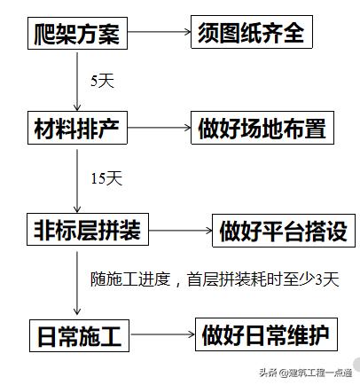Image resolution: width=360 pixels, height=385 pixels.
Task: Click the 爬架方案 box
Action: tap(77, 36)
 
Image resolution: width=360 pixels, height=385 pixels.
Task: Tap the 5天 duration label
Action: tap(103, 80)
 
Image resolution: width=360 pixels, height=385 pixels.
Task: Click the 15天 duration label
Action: tap(106, 179)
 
